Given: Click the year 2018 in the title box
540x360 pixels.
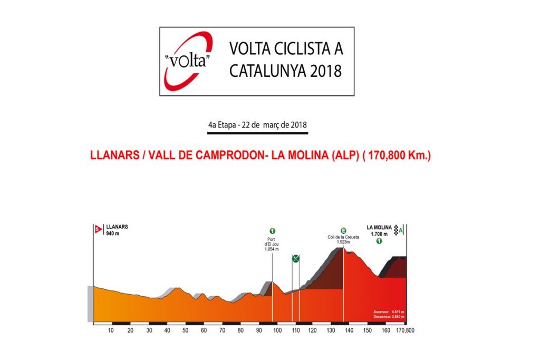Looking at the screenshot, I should click(x=323, y=70).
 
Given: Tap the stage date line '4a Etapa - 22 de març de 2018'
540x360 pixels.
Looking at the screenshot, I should click(x=257, y=126).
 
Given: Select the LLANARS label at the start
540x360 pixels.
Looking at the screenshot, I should click(x=117, y=227).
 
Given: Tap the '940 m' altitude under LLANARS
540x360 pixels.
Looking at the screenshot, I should click(x=113, y=233).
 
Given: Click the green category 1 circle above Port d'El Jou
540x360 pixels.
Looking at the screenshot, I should click(x=273, y=231).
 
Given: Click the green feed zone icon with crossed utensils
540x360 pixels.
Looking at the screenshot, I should click(x=296, y=258).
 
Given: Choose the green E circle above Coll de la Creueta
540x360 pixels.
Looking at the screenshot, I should click(x=343, y=230).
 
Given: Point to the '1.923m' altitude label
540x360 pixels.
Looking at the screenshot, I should click(x=343, y=242).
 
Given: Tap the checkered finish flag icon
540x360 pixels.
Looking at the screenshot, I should click(x=396, y=230).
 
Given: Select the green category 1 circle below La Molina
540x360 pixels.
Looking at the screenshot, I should click(x=379, y=241).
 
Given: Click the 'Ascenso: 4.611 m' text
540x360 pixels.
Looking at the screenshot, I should click(x=389, y=312).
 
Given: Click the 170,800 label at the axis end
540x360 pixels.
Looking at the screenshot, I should click(x=406, y=330).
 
